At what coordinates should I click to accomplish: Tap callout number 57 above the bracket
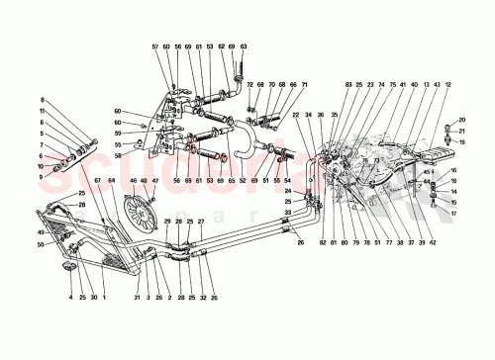(155, 46)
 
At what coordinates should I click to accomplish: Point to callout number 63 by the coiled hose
(244, 46)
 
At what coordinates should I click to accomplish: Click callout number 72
(250, 86)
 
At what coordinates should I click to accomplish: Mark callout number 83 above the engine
(348, 86)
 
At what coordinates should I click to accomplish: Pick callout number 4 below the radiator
(71, 297)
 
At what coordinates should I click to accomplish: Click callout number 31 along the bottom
(137, 297)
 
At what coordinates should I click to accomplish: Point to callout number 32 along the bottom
(201, 297)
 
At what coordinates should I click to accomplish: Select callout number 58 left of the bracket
(119, 155)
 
